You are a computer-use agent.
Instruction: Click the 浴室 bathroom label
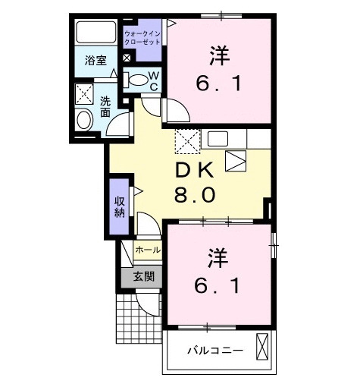tap(95, 58)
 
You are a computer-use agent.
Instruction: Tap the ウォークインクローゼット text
tap(142, 39)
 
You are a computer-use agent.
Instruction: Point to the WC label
tap(152, 80)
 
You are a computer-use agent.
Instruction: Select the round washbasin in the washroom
tap(83, 119)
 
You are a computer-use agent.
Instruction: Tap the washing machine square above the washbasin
tap(83, 93)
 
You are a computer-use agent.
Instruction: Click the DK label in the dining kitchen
tap(196, 169)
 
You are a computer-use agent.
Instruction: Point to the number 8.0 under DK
tap(196, 194)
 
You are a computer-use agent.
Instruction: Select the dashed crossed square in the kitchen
tap(186, 141)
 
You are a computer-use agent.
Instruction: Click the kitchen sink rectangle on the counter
tap(220, 139)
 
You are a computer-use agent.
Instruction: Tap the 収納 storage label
tap(120, 206)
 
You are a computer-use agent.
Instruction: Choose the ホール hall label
tap(147, 250)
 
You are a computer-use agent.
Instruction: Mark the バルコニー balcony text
tap(216, 351)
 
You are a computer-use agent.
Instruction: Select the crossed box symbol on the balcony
tap(263, 347)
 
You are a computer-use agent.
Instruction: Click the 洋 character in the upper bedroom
tap(218, 55)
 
